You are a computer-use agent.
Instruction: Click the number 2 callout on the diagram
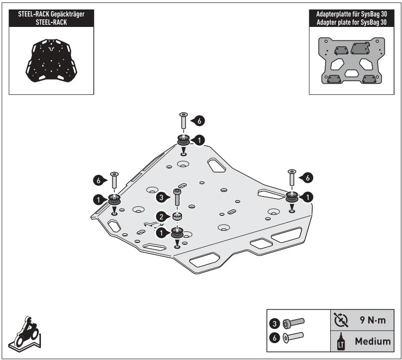click(162, 216)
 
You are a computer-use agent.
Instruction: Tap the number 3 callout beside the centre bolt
click(162, 197)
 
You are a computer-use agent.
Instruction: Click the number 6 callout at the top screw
click(199, 121)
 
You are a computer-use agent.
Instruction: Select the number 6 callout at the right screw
click(308, 177)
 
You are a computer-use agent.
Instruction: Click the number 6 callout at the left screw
click(99, 179)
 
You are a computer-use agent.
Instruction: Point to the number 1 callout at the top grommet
click(199, 141)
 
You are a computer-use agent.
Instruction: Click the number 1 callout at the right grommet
click(308, 197)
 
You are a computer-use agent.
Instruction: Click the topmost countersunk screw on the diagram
click(183, 121)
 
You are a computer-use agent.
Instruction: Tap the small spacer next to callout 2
click(177, 216)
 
